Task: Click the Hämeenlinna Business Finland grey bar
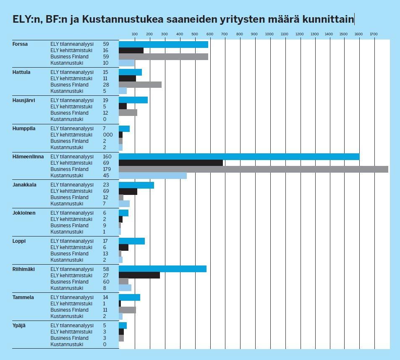pos(254,169)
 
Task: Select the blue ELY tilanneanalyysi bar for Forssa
pos(164,44)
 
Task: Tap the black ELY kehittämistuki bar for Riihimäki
pos(139,275)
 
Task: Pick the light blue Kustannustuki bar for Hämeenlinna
pos(153,176)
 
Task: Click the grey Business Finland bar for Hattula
pos(140,85)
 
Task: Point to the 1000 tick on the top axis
pos(269,34)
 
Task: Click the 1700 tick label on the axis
pos(374,34)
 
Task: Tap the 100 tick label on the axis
pos(135,34)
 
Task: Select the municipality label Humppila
pos(24,129)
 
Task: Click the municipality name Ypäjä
pos(19,326)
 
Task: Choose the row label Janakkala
pos(25,185)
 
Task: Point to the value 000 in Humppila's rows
pos(108,135)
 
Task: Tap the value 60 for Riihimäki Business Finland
pos(106,281)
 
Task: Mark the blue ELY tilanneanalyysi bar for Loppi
pos(132,241)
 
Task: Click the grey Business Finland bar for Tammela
pos(128,310)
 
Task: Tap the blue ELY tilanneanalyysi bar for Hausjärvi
pos(133,100)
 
